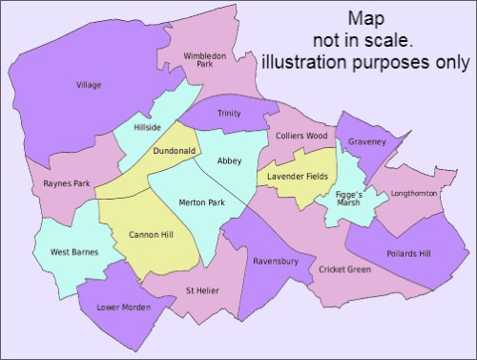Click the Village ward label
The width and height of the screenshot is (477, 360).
point(89,85)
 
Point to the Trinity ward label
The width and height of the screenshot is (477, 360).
point(229,114)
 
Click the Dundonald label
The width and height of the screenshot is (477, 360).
point(175,151)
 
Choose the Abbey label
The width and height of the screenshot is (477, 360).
point(231,160)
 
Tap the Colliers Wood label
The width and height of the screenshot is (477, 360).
point(301,136)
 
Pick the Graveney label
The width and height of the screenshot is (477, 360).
point(367,141)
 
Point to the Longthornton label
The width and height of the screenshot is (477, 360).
point(414,194)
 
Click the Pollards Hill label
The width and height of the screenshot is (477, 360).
point(409,253)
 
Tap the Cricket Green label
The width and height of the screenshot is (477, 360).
point(345,269)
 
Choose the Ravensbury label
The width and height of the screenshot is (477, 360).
point(276,260)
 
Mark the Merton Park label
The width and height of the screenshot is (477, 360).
point(201,202)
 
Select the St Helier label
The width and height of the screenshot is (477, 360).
point(204,290)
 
